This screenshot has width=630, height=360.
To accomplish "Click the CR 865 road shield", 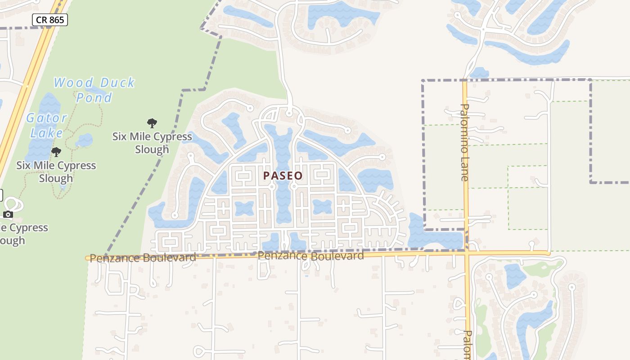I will click(50, 19).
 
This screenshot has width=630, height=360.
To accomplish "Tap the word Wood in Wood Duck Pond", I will click(74, 83).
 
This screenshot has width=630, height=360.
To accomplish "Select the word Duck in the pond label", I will click(117, 83).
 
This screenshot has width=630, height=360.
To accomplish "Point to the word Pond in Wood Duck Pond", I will click(94, 97).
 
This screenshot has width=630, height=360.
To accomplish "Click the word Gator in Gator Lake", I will click(47, 118).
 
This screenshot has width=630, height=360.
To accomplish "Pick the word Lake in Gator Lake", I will click(47, 133).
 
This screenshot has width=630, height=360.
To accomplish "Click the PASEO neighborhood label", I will click(283, 175).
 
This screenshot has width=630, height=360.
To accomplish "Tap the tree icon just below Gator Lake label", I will click(56, 152).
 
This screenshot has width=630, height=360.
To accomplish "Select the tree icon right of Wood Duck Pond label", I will click(152, 123).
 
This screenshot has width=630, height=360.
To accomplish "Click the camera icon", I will click(8, 214).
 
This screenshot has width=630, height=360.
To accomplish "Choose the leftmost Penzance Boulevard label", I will click(143, 258).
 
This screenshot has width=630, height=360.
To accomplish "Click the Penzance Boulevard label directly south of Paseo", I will click(310, 256).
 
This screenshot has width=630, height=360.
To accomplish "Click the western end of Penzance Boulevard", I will click(88, 258).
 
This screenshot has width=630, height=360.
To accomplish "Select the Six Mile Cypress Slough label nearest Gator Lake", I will click(56, 171).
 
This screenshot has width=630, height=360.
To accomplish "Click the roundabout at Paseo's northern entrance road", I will click(289, 113).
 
